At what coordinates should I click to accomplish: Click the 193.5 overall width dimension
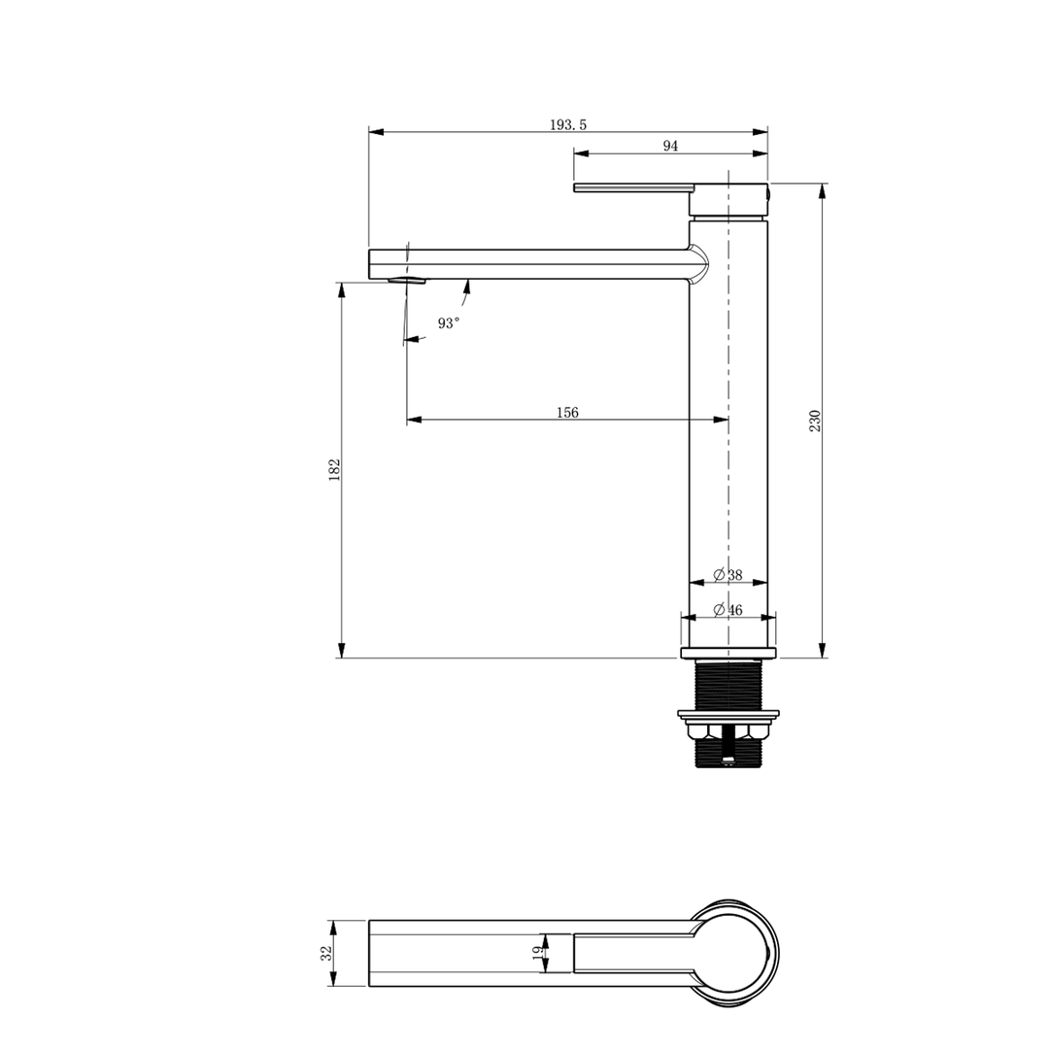pyautogui.click(x=568, y=124)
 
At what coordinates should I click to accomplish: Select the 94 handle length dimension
pyautogui.click(x=670, y=146)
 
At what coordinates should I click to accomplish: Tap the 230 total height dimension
pyautogui.click(x=815, y=421)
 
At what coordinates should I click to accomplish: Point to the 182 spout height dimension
pyautogui.click(x=334, y=470)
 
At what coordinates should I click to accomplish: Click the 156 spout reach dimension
pyautogui.click(x=567, y=413)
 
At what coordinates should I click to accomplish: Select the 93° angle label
pyautogui.click(x=448, y=323)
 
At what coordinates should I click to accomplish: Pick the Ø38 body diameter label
pyautogui.click(x=728, y=575)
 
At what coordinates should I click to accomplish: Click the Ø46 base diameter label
pyautogui.click(x=728, y=610)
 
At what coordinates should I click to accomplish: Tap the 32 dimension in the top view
pyautogui.click(x=326, y=953)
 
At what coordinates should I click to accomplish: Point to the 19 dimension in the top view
pyautogui.click(x=537, y=953)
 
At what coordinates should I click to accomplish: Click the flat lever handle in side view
pyautogui.click(x=632, y=187)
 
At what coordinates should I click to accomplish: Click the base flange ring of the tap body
pyautogui.click(x=728, y=653)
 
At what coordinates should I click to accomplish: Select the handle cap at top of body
pyautogui.click(x=728, y=200)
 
